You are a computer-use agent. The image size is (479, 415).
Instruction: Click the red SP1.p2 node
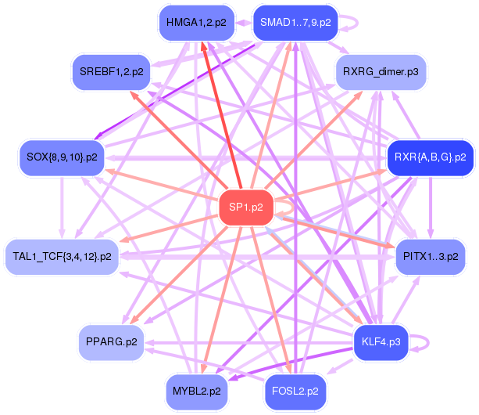pos(245,207)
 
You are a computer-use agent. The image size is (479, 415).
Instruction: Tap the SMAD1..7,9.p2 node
pos(295,23)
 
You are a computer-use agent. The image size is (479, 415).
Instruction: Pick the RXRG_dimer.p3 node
pos(380,72)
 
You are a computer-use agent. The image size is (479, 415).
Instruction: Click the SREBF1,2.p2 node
pos(112,72)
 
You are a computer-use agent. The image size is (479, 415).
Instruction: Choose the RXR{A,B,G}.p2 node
pos(430,157)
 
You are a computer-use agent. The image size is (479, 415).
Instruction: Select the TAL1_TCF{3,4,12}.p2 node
pos(62,257)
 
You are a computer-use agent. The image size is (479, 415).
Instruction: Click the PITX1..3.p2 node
pos(431,257)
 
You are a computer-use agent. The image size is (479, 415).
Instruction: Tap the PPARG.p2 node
pos(112,342)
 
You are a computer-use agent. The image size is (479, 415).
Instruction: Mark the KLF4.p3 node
pos(381,342)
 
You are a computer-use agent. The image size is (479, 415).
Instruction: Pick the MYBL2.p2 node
pos(195,390)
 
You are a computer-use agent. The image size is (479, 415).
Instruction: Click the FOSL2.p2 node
pos(295,390)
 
